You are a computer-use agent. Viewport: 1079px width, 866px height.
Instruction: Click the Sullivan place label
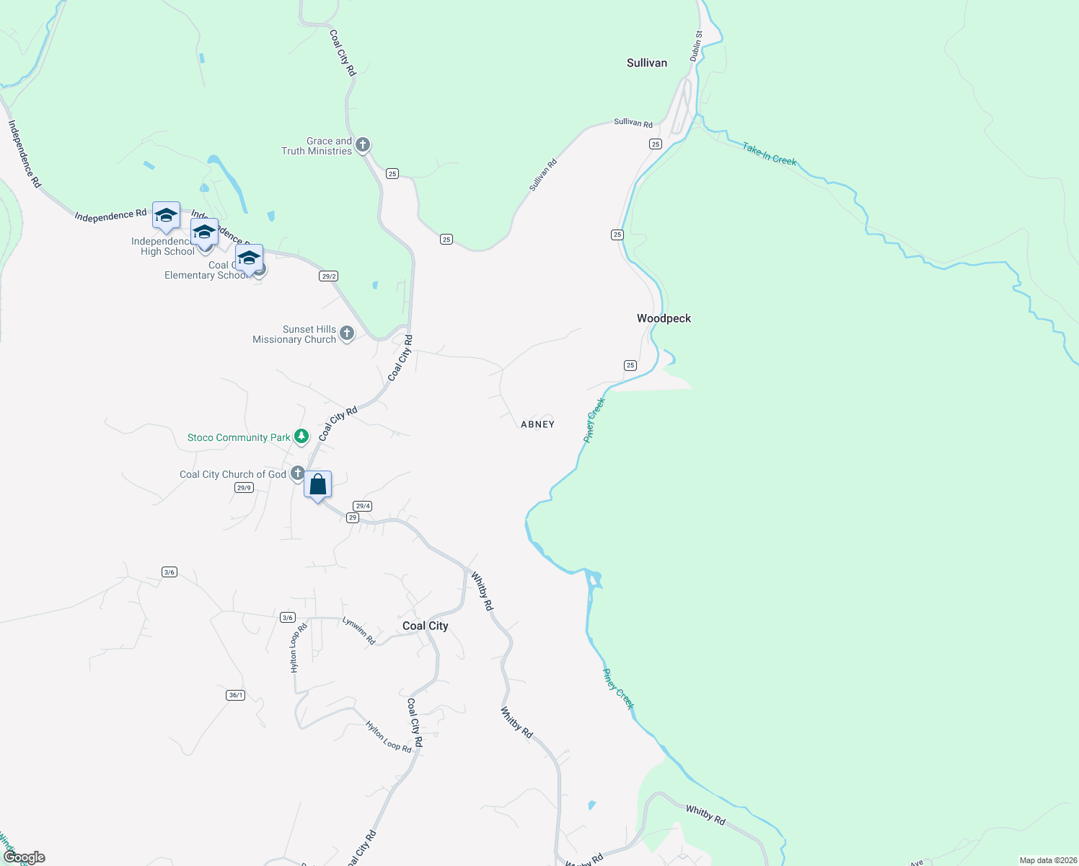[x=647, y=64]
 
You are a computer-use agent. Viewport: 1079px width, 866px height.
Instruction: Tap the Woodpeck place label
[x=664, y=318]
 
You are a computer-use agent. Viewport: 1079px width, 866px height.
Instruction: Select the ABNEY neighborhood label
[x=537, y=424]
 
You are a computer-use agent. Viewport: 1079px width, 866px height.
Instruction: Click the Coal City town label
[x=425, y=626]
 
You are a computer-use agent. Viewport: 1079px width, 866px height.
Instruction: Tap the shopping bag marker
[x=317, y=485]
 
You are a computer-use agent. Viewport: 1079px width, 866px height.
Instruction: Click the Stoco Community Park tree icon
[x=301, y=437]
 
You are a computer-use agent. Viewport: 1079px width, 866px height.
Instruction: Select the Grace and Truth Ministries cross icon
[x=363, y=145]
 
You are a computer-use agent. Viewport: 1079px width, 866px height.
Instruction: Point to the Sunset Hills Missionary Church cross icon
[x=347, y=333]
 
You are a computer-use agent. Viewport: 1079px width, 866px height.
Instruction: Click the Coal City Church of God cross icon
[x=296, y=473]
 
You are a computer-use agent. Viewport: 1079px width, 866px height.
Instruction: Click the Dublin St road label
[x=696, y=45]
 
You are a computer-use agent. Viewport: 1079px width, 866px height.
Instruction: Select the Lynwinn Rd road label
[x=358, y=630]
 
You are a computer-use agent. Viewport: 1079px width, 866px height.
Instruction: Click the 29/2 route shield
[x=329, y=276]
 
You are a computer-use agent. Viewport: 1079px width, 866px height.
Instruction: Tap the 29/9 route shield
[x=244, y=488]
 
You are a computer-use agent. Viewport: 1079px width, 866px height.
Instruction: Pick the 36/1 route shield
[x=235, y=695]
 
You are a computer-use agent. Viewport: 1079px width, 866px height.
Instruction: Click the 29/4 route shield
[x=362, y=506]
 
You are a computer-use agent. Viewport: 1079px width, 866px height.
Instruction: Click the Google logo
[x=24, y=857]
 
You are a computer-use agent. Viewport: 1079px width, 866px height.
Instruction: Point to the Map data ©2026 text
[x=1047, y=860]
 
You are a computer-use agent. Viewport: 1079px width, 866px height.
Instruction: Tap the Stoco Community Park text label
[x=239, y=438]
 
